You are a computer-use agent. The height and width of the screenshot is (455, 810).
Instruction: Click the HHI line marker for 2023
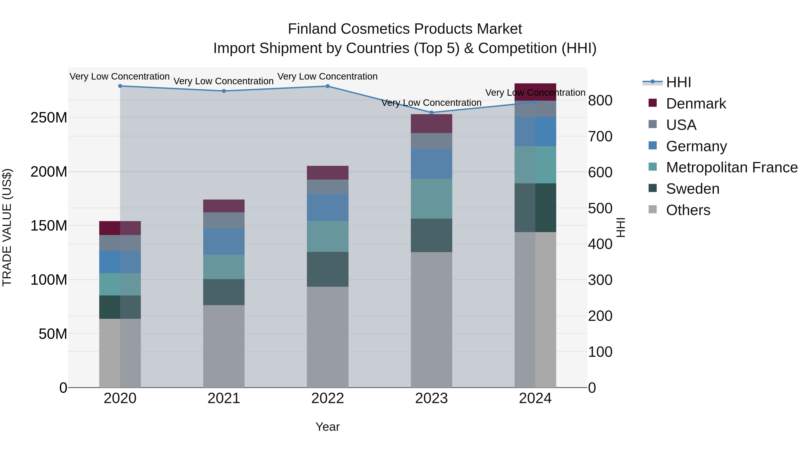tap(431, 112)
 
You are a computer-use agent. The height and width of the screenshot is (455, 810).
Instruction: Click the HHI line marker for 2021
tap(224, 91)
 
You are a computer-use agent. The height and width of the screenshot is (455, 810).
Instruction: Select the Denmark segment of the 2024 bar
tap(535, 92)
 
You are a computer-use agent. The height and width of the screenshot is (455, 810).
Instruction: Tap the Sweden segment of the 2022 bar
tap(328, 269)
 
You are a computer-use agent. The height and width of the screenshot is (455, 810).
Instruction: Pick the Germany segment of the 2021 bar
tap(224, 241)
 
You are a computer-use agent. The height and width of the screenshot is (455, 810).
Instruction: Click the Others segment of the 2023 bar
tap(431, 320)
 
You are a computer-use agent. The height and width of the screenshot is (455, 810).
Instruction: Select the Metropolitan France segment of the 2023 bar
tap(431, 198)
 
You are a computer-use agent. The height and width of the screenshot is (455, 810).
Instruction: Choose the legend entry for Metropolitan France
tap(731, 167)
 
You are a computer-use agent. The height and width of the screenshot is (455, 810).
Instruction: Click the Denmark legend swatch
tap(652, 103)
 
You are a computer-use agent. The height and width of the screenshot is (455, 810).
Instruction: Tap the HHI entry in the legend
tap(678, 82)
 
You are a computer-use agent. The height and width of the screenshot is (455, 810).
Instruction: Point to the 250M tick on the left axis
tap(49, 118)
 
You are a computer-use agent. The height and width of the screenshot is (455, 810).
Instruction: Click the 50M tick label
tap(53, 334)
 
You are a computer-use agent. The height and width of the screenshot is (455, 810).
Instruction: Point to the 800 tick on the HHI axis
tap(600, 101)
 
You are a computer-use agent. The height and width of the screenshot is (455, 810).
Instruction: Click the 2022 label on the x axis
tap(328, 398)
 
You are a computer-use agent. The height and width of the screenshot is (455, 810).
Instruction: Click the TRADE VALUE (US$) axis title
tap(7, 227)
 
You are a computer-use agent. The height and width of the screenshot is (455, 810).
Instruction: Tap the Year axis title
tap(328, 427)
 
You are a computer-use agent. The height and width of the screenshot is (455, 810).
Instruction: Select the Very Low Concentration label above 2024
tap(535, 93)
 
